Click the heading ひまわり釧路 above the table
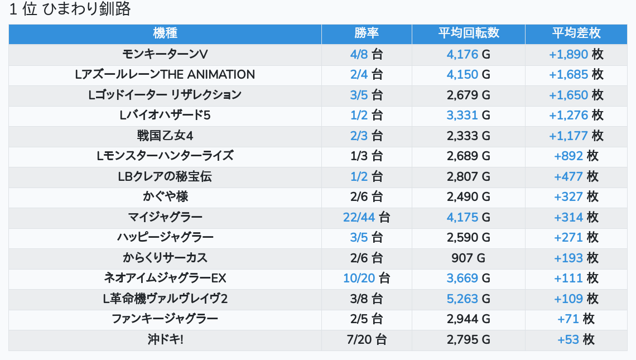coord(70,10)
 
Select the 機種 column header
coord(165,33)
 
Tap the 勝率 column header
coord(367,33)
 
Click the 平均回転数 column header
coord(468,33)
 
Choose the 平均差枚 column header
coord(576,33)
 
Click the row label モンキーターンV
coord(165,54)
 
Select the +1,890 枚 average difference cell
coord(576,54)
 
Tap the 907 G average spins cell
coord(468,258)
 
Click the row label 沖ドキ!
coord(165,339)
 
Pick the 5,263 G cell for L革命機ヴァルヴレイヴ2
coord(468,299)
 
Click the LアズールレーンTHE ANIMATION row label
coord(165,74)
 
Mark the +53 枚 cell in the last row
coord(576,339)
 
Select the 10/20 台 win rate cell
coord(367,278)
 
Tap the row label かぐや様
coord(165,196)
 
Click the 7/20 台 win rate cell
coord(367,339)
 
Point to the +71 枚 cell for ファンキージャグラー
coord(576,319)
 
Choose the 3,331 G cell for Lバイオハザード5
coord(468,115)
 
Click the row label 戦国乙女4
coord(165,136)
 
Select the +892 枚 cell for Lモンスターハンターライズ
coord(576,156)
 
